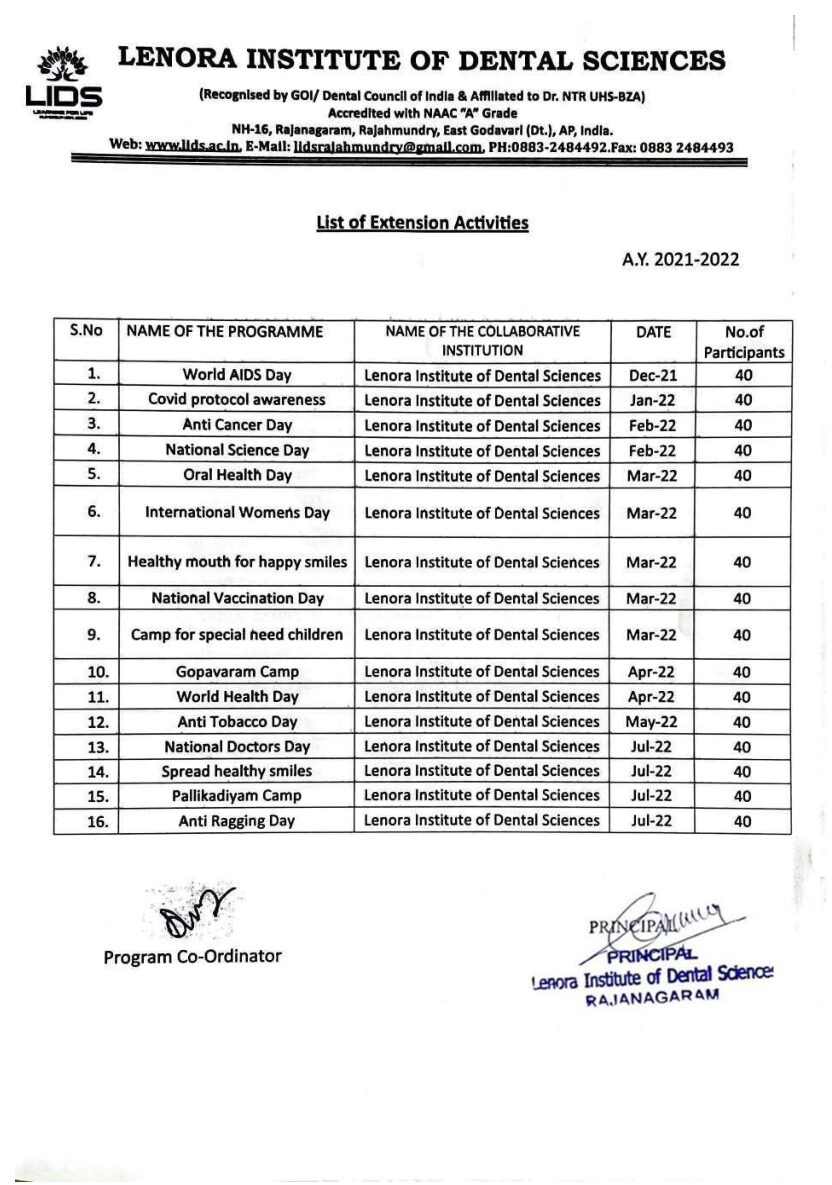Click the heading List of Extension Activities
tap(422, 223)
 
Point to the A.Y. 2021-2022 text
tap(680, 260)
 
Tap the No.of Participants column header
tap(742, 342)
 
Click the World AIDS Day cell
tap(237, 376)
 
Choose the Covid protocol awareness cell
tap(237, 400)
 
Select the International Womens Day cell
tap(237, 513)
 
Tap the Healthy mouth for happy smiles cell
tap(237, 562)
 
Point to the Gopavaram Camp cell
tap(237, 672)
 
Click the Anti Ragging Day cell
tap(237, 821)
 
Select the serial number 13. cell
tap(86, 746)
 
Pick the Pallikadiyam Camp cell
tap(237, 796)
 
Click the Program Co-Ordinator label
tap(192, 957)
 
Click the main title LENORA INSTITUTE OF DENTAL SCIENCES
tap(422, 60)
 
